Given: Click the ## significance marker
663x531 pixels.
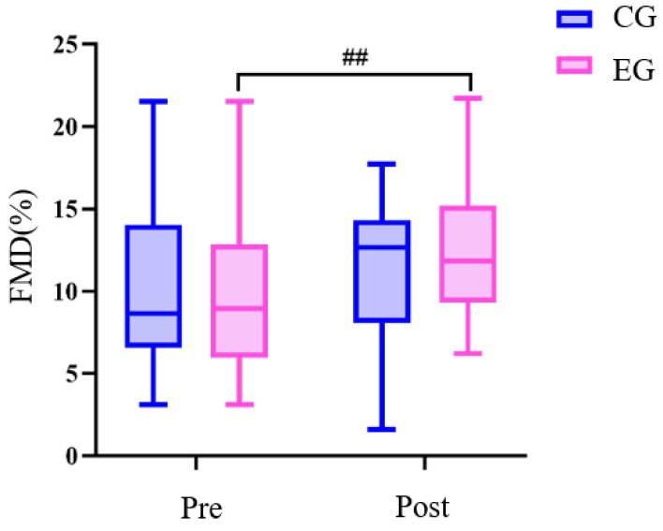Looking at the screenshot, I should click(x=354, y=59).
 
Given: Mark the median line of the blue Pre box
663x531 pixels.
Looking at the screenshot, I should click(x=154, y=314).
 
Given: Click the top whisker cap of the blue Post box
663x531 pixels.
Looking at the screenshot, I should click(x=381, y=164).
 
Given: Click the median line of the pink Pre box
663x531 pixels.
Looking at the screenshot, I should click(x=239, y=308).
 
